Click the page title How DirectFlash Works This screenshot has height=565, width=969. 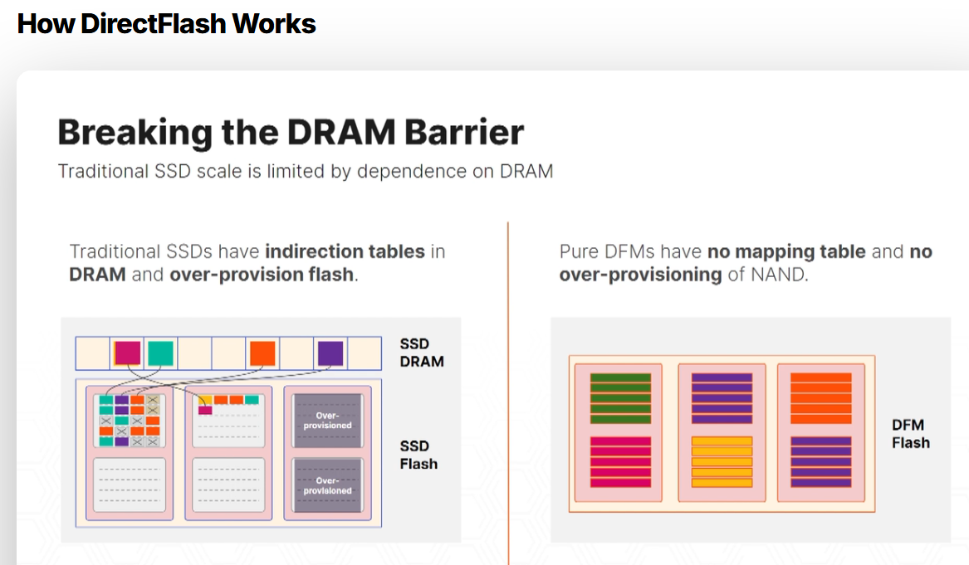tap(166, 23)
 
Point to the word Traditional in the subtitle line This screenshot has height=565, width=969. tap(102, 172)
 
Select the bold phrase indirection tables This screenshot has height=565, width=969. tap(345, 251)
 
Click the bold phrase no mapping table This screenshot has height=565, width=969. tap(786, 251)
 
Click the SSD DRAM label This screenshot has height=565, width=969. tap(422, 353)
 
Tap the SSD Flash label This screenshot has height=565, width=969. tap(418, 455)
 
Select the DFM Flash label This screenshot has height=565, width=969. tap(910, 434)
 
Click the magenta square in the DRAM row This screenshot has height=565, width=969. tap(127, 353)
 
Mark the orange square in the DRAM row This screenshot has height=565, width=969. tap(262, 353)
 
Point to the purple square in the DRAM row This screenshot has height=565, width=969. tap(330, 353)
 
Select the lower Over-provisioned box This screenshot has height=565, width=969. tap(327, 485)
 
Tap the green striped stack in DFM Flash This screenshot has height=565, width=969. tap(620, 398)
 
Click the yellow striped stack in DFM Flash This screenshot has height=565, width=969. tap(722, 462)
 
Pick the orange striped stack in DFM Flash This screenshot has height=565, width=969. tap(820, 398)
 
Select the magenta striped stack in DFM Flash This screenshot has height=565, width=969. tap(620, 462)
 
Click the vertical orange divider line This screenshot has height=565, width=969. tap(508, 390)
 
